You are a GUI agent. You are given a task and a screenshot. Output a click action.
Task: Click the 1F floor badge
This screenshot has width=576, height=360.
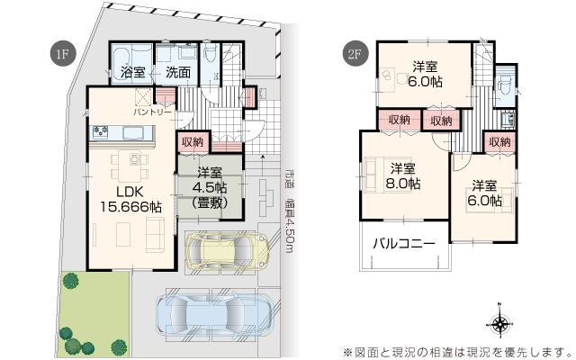pyautogui.click(x=63, y=54)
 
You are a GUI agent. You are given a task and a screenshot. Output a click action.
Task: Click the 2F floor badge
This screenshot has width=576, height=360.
pyautogui.click(x=355, y=54)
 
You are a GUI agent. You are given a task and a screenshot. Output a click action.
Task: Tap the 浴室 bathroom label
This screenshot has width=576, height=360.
pyautogui.click(x=132, y=72)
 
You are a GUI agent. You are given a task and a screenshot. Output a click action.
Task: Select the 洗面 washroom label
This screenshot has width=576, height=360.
pyautogui.click(x=178, y=72)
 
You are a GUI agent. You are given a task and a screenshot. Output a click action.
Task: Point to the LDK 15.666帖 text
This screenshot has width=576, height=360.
pyautogui.click(x=131, y=200)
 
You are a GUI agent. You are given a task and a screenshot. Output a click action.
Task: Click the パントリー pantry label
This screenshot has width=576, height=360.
pyautogui.click(x=152, y=112)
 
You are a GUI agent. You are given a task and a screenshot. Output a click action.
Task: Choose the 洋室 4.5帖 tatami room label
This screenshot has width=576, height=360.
pyautogui.click(x=210, y=188)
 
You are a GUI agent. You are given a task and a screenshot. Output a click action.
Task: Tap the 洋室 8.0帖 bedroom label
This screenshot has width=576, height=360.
pyautogui.click(x=403, y=176)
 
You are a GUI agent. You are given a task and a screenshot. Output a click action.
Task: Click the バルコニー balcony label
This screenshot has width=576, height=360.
pyautogui.click(x=404, y=243)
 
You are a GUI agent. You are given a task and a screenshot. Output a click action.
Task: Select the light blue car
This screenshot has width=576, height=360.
pyautogui.click(x=215, y=314)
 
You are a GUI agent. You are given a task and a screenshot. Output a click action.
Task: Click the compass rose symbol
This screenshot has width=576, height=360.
pyautogui.click(x=499, y=324)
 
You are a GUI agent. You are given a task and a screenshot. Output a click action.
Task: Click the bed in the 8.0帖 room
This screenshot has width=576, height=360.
pyautogui.click(x=374, y=175)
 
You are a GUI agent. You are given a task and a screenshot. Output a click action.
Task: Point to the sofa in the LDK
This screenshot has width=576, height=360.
pyautogui.click(x=155, y=235)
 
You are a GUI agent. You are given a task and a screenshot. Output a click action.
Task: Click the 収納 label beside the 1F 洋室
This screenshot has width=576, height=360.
pyautogui.click(x=193, y=142)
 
